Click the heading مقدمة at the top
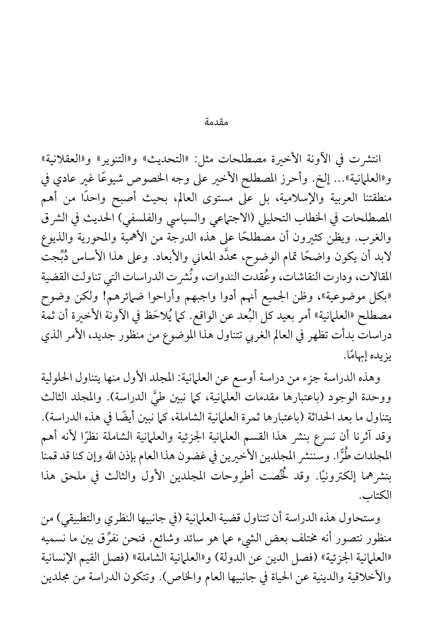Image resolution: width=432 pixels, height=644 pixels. click(x=217, y=122)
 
